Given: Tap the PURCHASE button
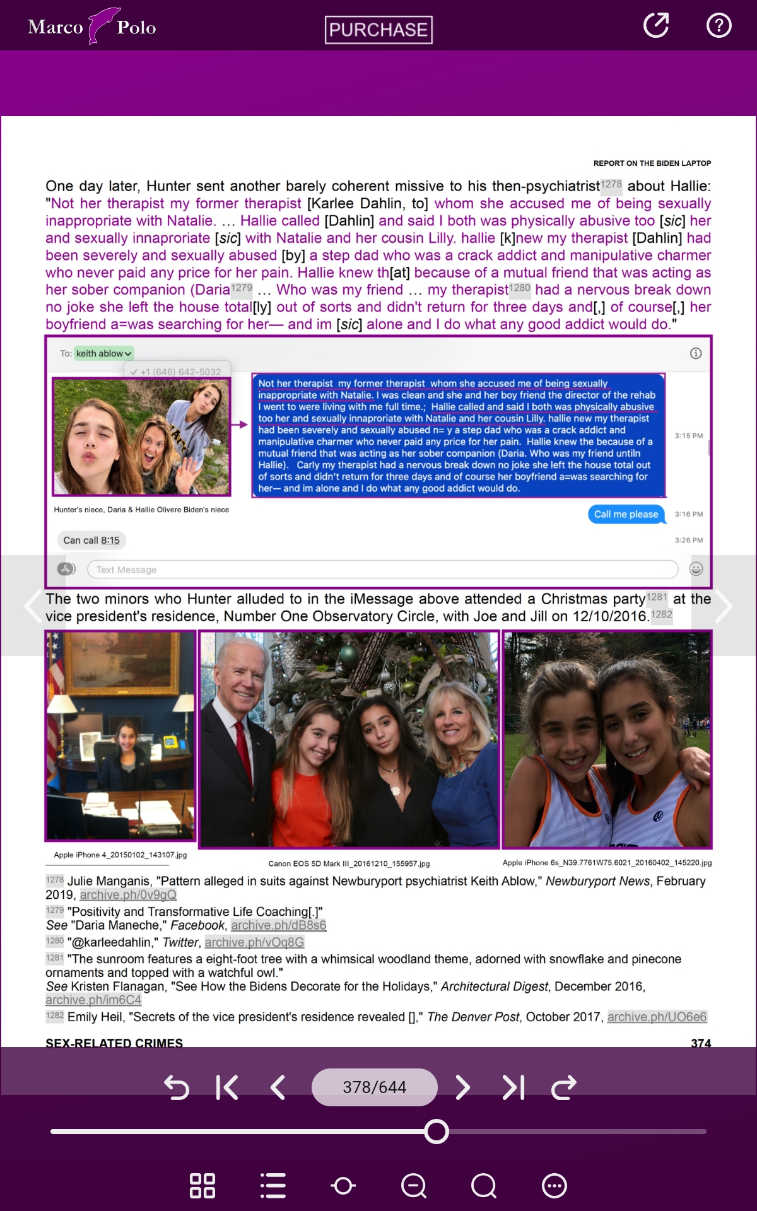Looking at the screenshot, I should point(378,30).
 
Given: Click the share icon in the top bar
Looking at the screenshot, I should point(656,26).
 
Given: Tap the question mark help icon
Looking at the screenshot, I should point(719,26).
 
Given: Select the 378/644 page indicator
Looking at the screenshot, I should point(374,1087).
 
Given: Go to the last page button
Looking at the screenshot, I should point(513,1087).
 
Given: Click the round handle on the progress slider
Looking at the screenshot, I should point(436,1132).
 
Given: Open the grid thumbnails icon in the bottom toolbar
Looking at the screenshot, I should point(202,1186).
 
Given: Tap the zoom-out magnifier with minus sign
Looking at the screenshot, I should point(414,1186).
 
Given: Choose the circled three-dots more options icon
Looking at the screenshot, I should point(554,1186).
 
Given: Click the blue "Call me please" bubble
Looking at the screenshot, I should point(626,514).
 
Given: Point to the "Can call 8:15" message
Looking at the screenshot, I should point(91,541).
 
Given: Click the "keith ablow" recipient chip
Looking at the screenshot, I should point(103,354).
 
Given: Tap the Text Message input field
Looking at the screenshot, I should point(382,570).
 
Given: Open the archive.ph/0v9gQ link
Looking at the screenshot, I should point(128,895).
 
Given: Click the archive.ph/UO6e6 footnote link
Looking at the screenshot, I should point(657,1017).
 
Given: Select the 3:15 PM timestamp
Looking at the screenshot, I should point(688,436).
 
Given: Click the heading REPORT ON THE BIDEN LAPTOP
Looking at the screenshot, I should point(652,163).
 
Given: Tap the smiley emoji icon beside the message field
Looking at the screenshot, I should point(696,569).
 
